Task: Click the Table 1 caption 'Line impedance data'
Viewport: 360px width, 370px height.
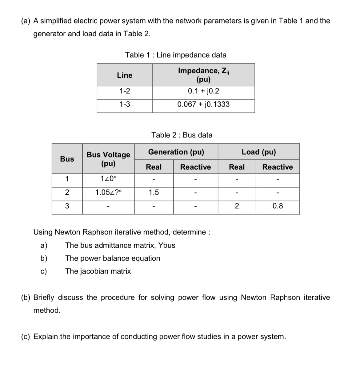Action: tap(175, 55)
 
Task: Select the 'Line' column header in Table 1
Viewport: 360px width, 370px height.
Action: tap(125, 75)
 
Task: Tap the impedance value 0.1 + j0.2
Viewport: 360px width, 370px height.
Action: tap(203, 91)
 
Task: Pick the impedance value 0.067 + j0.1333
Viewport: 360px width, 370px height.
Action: tap(203, 104)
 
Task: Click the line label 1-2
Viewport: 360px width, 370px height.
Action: tap(125, 91)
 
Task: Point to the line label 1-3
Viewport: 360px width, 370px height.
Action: tap(125, 104)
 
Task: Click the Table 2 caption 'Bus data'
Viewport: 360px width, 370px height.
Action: tap(182, 135)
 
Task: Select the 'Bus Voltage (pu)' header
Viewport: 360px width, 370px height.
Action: tap(108, 159)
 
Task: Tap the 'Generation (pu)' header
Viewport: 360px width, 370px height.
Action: tap(176, 152)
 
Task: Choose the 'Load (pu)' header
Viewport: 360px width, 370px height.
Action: tap(259, 152)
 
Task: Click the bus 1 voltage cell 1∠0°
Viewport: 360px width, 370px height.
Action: tap(108, 179)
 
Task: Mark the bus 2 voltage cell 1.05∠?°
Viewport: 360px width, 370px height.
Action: tap(108, 193)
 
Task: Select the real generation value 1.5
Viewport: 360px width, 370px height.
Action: tap(154, 193)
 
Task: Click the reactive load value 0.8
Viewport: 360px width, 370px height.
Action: tap(278, 206)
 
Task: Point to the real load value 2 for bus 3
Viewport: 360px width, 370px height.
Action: tap(237, 206)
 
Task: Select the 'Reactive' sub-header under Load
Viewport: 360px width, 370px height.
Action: tap(278, 167)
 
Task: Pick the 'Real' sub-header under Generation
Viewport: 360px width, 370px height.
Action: tap(154, 167)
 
